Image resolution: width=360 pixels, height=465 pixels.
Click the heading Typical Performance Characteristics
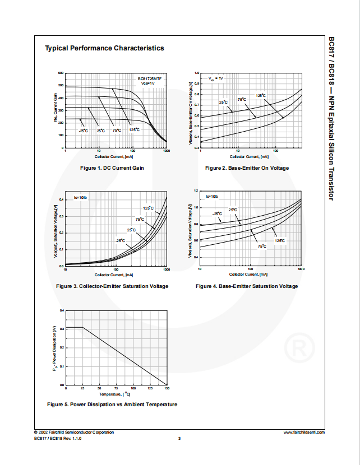(x=104, y=48)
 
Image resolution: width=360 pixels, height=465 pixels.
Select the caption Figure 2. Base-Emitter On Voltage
(x=247, y=168)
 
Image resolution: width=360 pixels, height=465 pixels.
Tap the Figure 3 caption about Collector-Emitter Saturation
(x=112, y=286)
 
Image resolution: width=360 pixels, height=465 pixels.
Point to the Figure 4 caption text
(x=247, y=286)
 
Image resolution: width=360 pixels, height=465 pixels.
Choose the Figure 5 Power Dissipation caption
(x=112, y=404)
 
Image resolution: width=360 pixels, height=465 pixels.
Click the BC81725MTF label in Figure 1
(x=150, y=79)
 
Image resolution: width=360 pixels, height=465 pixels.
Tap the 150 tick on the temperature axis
(x=167, y=388)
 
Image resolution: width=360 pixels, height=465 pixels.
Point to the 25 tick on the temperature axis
(x=82, y=388)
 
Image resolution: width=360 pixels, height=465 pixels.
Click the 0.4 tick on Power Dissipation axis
(x=62, y=310)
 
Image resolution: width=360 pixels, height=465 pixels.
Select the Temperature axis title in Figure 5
(x=115, y=395)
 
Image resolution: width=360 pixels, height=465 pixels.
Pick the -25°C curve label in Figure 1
(x=83, y=131)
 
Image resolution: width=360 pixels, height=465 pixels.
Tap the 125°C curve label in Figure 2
(x=261, y=95)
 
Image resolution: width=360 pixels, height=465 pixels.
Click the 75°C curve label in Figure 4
(x=262, y=246)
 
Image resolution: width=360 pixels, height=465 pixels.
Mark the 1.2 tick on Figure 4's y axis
(x=196, y=190)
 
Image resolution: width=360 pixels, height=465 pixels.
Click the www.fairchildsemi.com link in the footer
(x=304, y=432)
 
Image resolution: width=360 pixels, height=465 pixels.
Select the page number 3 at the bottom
(x=179, y=438)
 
